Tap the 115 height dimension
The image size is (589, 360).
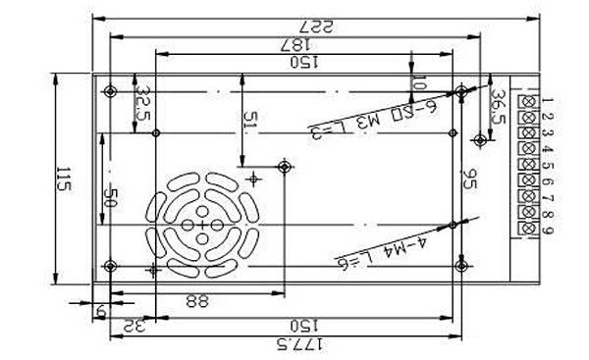(x=64, y=181)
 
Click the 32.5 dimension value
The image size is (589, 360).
(x=143, y=102)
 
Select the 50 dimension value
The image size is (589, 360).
(x=111, y=196)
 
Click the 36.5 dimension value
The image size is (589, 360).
(x=498, y=106)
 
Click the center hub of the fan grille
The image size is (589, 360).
(x=203, y=226)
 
